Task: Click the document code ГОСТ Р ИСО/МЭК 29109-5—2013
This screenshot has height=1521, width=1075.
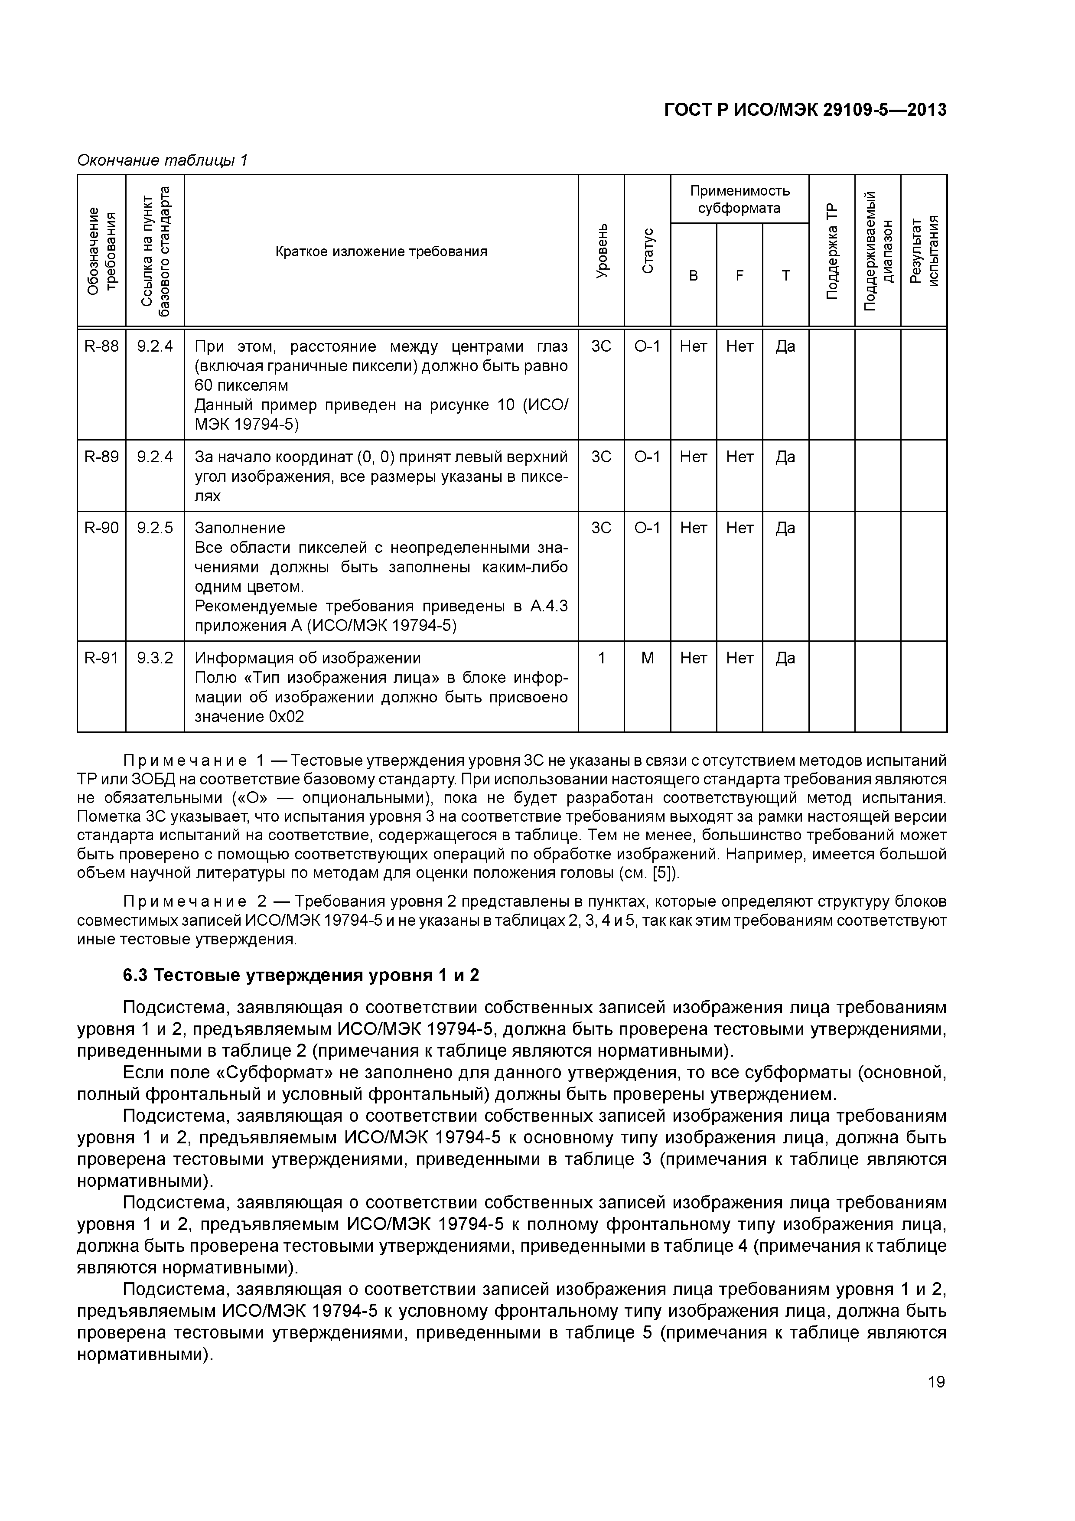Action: pyautogui.click(x=805, y=110)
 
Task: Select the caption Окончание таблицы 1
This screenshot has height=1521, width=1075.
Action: pyautogui.click(x=162, y=160)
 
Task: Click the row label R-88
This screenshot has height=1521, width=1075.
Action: pyautogui.click(x=101, y=346)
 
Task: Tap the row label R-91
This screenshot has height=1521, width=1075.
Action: pyautogui.click(x=101, y=658)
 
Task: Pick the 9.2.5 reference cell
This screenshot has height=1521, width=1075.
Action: pyautogui.click(x=155, y=528)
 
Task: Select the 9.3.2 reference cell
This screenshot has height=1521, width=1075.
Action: pyautogui.click(x=155, y=658)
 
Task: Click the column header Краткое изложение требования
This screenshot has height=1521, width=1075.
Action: pyautogui.click(x=381, y=251)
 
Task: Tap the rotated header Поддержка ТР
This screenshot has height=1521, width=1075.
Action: pyautogui.click(x=831, y=251)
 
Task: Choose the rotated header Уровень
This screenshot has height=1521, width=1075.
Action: pyautogui.click(x=601, y=251)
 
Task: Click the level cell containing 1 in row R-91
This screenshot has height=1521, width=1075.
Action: pyautogui.click(x=601, y=658)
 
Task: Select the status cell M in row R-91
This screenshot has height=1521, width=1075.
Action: pyautogui.click(x=647, y=658)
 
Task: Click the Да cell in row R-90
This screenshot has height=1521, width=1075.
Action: pyautogui.click(x=785, y=528)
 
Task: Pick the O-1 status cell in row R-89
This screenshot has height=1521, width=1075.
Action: pyautogui.click(x=647, y=457)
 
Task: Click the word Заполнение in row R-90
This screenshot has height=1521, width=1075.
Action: pyautogui.click(x=240, y=528)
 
